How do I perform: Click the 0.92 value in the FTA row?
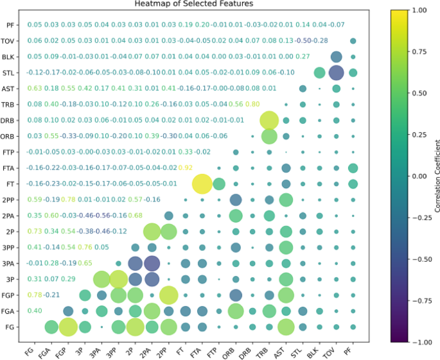[x=186, y=167]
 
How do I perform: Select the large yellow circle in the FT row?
[x=202, y=184]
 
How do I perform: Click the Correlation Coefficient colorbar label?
[x=436, y=176]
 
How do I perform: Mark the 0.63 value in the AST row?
[x=35, y=88]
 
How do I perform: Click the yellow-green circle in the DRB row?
[x=269, y=120]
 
